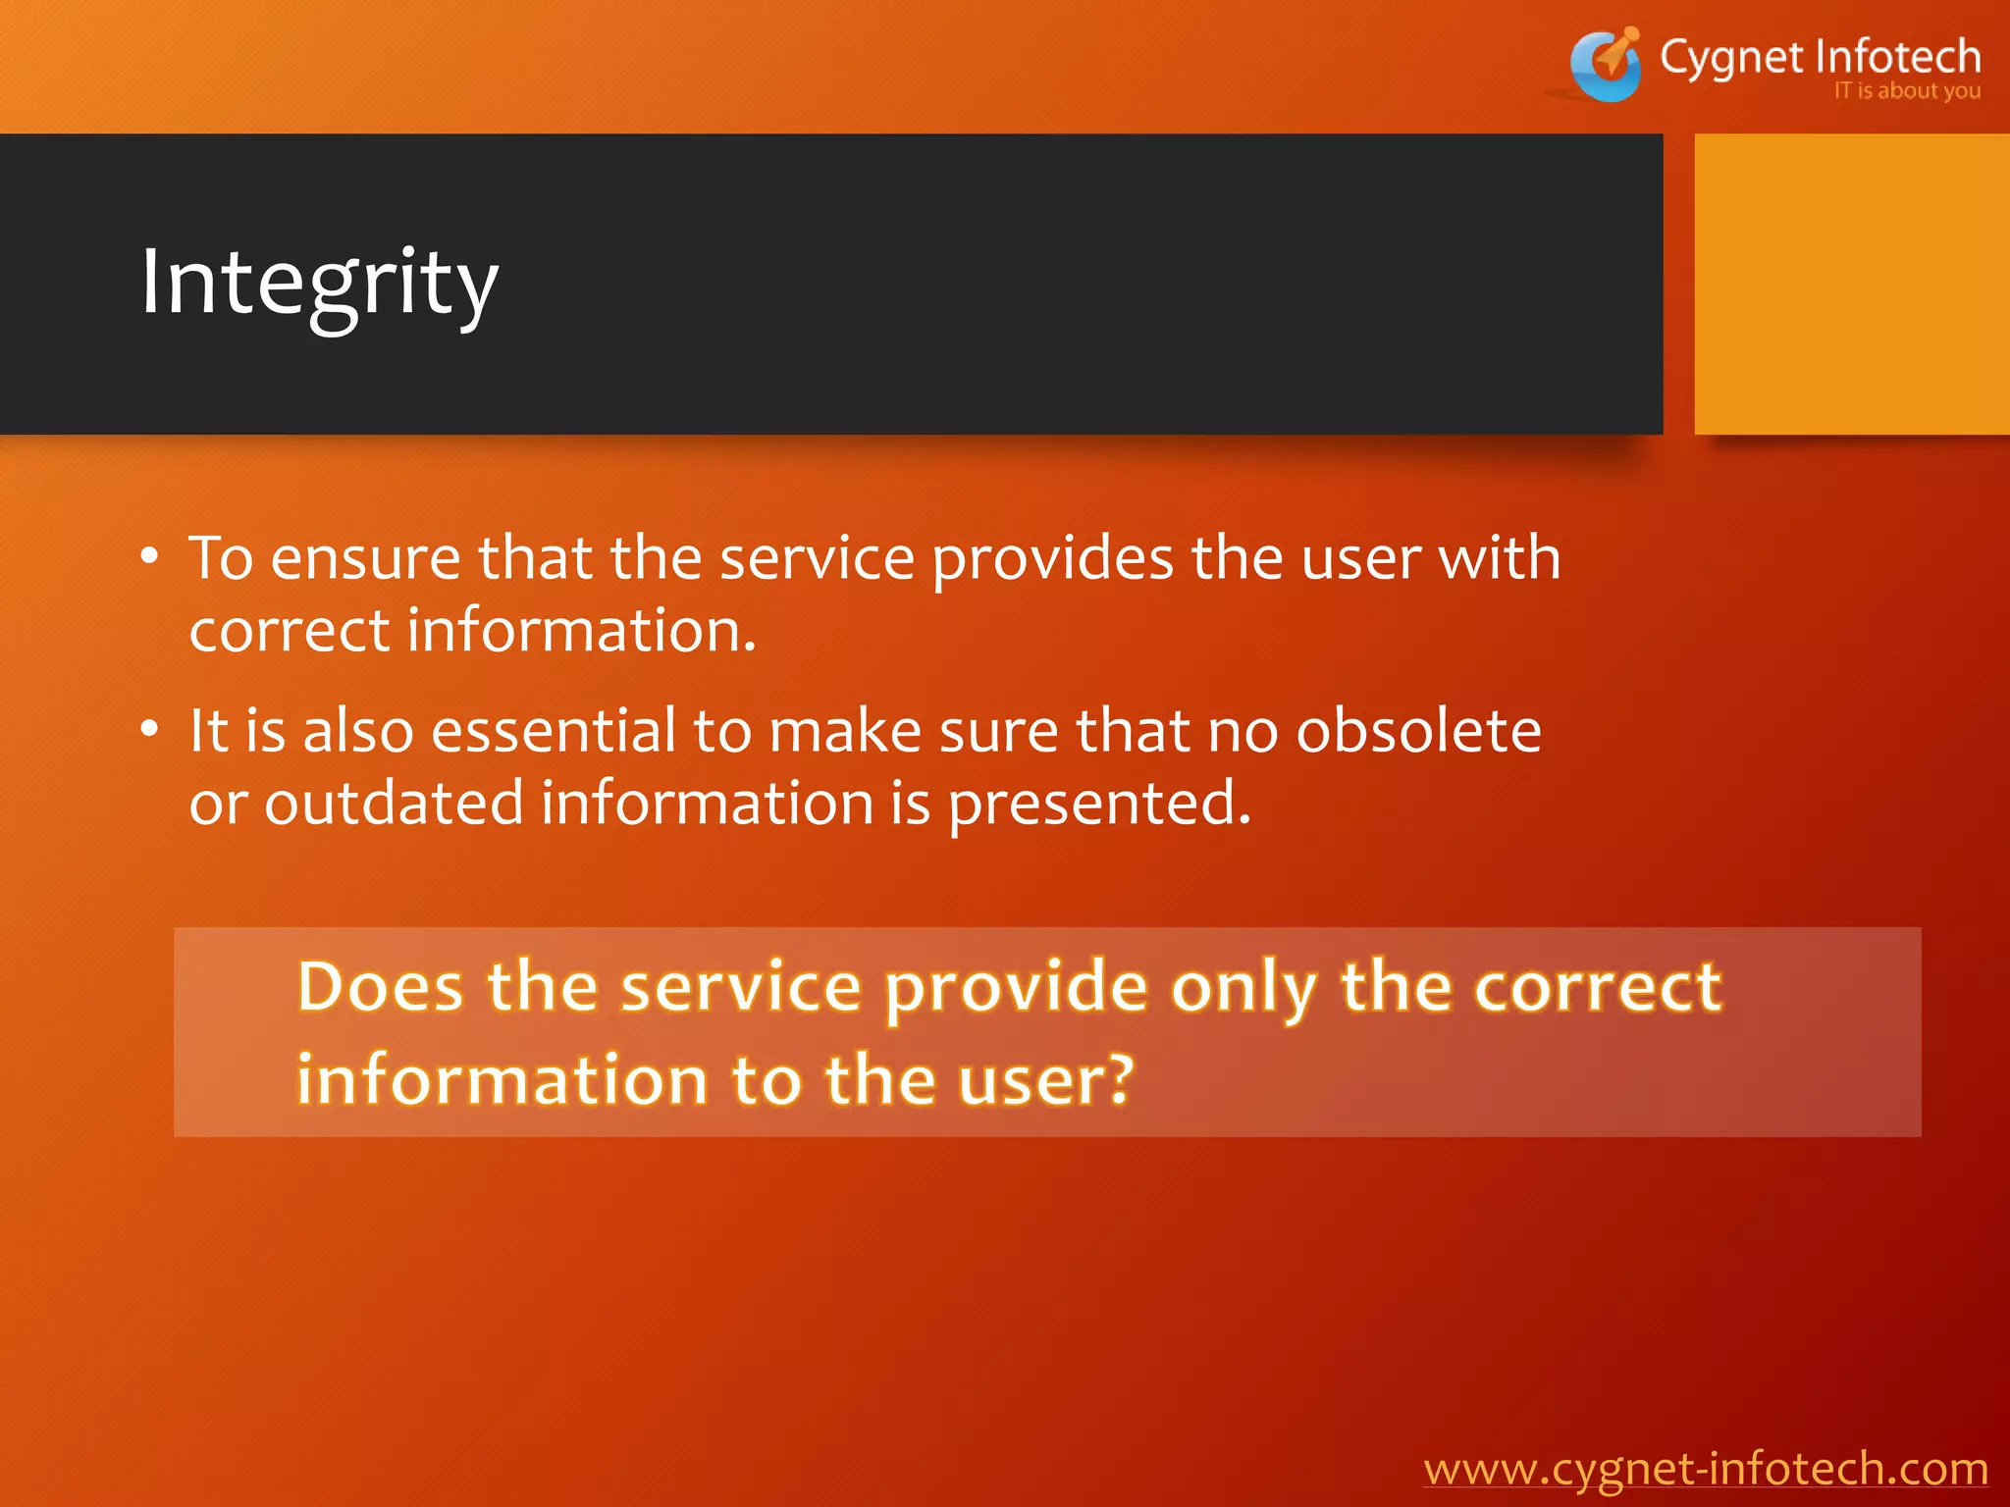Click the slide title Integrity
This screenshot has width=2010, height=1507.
point(319,285)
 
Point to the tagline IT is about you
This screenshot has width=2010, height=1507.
point(1906,91)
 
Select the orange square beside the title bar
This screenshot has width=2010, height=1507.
point(1851,285)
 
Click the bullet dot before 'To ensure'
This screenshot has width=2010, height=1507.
point(149,557)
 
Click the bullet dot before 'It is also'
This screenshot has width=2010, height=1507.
point(149,730)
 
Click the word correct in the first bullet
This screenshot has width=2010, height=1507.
point(289,631)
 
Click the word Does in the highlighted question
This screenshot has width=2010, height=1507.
point(380,986)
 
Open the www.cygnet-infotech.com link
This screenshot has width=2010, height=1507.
point(1705,1469)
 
